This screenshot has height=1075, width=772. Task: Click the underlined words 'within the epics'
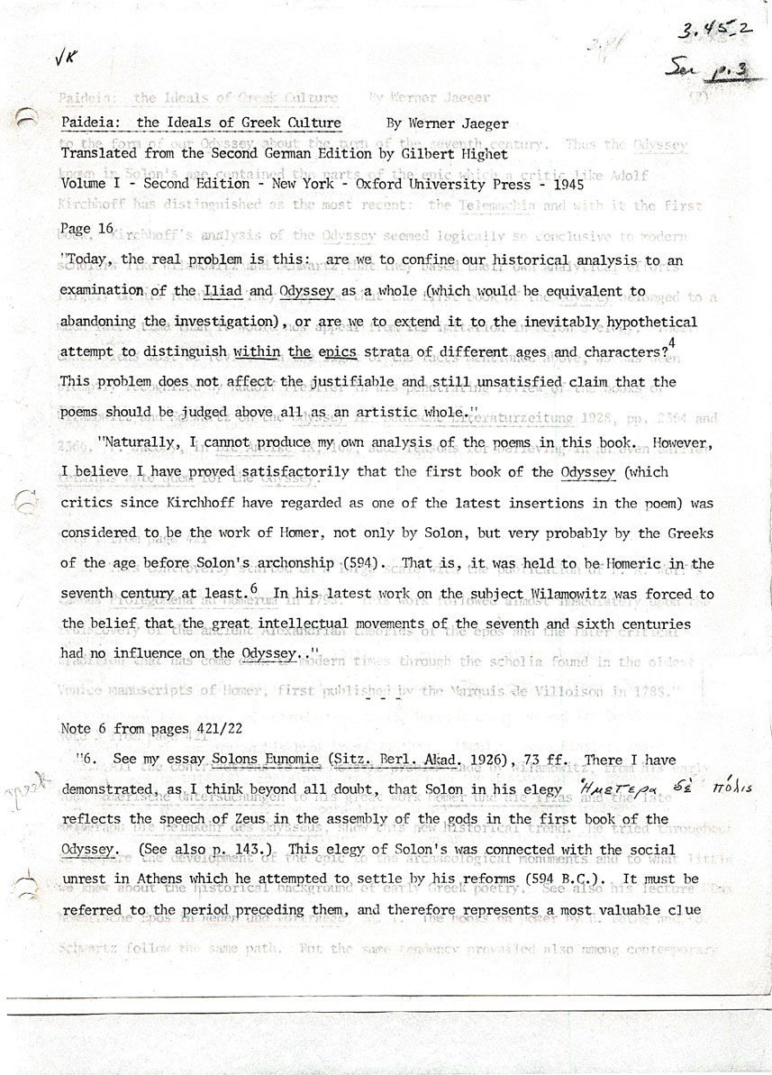pos(278,351)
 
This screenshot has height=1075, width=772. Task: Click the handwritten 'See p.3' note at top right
pos(712,66)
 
